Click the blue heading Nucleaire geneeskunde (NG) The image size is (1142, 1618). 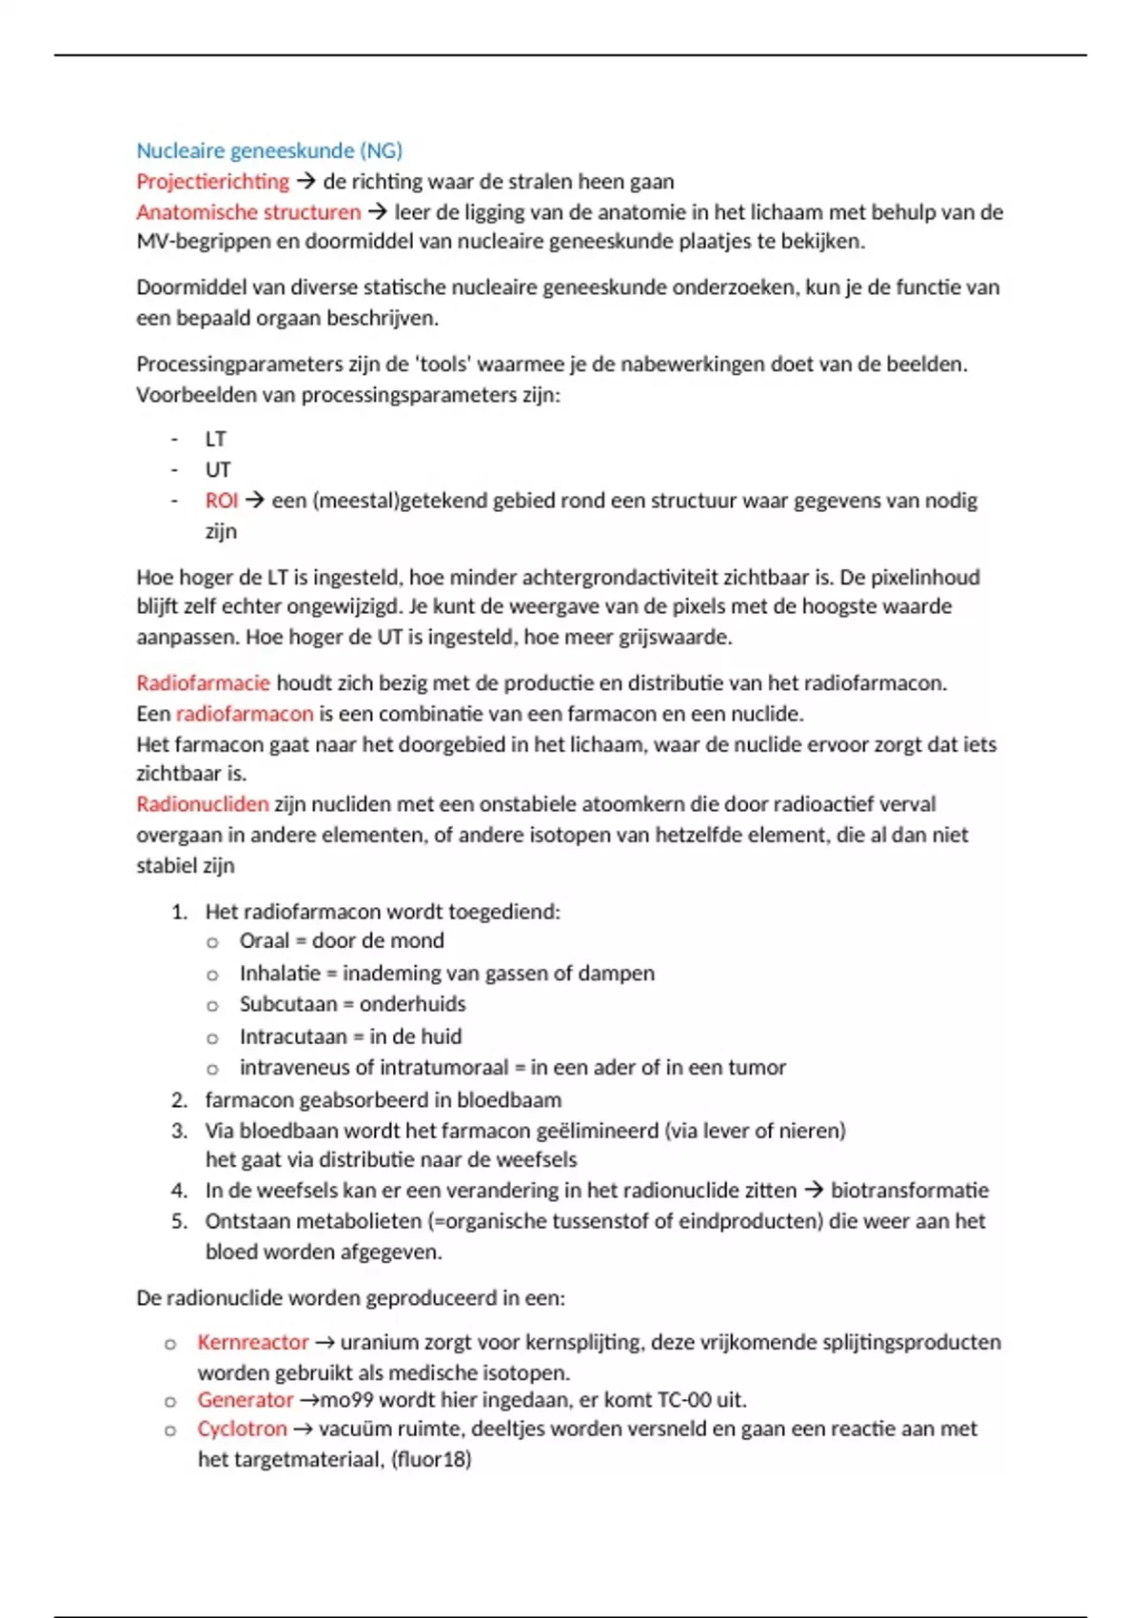tap(269, 150)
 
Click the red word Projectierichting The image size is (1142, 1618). tap(212, 181)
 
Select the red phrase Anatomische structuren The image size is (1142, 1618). tap(248, 211)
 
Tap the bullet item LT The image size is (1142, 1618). tap(216, 439)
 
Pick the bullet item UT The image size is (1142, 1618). tap(218, 469)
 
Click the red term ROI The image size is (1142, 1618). tap(221, 501)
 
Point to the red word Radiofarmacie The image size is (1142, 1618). tap(203, 682)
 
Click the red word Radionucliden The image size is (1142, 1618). tap(202, 804)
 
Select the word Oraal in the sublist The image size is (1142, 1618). tap(264, 941)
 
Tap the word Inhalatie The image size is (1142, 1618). tap(280, 973)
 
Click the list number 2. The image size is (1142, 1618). tap(179, 1100)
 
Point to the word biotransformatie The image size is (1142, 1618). tap(909, 1191)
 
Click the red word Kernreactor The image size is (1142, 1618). tap(252, 1342)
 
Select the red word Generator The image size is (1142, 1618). tap(245, 1399)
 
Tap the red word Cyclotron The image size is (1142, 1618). tap(242, 1429)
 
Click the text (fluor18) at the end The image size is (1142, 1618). tap(431, 1459)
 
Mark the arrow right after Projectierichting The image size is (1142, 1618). tap(305, 181)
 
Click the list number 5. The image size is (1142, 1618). tap(179, 1221)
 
